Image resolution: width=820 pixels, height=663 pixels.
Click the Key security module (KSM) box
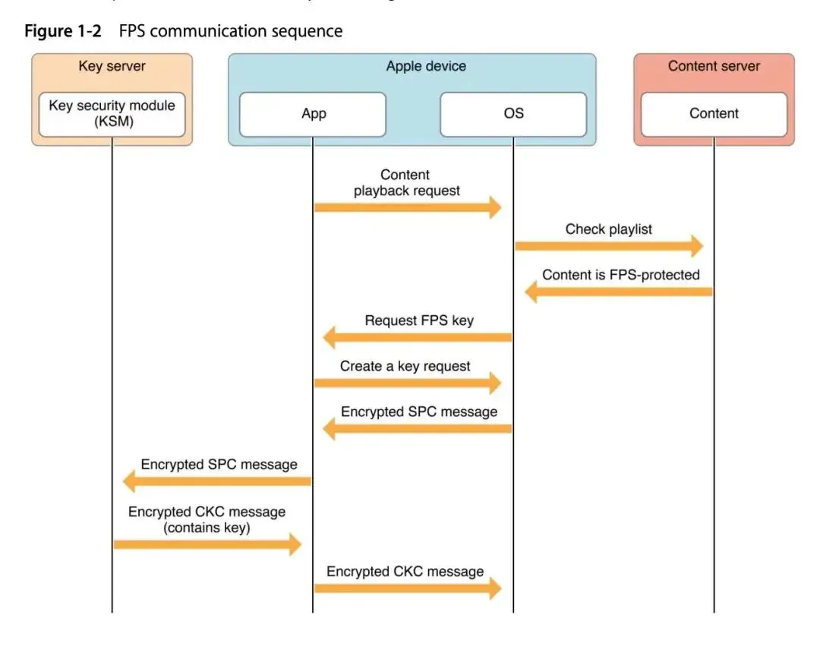point(112,114)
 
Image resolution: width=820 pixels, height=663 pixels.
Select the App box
point(313,114)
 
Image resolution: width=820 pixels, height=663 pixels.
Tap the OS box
point(513,114)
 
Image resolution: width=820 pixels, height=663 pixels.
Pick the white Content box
point(714,114)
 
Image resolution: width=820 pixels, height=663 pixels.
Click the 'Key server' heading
point(112,66)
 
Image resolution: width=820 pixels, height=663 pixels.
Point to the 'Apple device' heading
point(426,66)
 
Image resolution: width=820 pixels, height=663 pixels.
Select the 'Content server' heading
point(714,66)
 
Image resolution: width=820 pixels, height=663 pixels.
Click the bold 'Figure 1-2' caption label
point(63,31)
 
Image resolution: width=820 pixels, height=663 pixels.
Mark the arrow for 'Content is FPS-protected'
point(620,292)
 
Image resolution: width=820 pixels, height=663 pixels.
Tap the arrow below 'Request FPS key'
point(418,336)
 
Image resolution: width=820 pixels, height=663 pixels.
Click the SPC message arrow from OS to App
point(418,428)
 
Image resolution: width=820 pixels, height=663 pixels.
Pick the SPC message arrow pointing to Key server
point(217,481)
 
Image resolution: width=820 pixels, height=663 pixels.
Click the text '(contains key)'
point(207,527)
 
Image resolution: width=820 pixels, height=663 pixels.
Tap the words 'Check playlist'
point(609,229)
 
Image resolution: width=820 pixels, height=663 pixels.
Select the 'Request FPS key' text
point(419,320)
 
